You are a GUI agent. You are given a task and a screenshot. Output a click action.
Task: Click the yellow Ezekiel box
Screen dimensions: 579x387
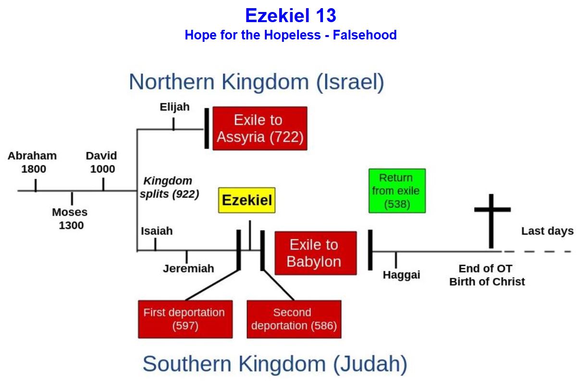click(247, 200)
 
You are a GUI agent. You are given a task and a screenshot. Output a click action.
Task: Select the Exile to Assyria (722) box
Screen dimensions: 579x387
click(260, 128)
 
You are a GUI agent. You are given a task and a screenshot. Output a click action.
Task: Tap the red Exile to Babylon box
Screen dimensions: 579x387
click(316, 253)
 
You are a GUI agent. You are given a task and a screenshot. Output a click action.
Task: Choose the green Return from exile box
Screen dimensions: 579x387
click(397, 191)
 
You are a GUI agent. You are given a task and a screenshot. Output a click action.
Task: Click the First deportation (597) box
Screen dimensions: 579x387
click(185, 319)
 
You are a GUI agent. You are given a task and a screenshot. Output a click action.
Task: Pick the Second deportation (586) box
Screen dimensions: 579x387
click(294, 319)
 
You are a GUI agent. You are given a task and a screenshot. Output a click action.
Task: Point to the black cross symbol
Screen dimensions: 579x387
click(492, 221)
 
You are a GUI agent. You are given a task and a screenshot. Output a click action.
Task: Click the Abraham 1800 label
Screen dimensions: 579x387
click(32, 162)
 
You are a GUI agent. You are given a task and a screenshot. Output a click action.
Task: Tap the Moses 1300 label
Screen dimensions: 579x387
click(70, 219)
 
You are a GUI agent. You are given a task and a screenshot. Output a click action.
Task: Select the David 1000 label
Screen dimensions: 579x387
click(101, 162)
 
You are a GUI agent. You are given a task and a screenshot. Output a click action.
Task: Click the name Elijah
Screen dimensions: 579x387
click(175, 107)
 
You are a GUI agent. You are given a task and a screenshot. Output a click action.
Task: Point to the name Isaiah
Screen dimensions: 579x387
click(157, 231)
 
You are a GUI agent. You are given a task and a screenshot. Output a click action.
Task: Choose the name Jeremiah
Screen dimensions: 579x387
click(188, 269)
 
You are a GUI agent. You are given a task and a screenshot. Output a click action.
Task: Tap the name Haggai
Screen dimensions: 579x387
click(401, 275)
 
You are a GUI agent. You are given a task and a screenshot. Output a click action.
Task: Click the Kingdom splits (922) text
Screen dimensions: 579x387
click(169, 187)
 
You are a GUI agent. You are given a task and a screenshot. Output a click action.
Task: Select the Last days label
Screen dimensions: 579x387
click(547, 231)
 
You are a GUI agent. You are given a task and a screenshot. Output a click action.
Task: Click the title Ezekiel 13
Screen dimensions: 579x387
click(291, 15)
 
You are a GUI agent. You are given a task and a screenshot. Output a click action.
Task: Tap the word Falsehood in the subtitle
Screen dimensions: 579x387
click(365, 35)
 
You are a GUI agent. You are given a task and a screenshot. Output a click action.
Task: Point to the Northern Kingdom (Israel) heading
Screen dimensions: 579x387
click(257, 82)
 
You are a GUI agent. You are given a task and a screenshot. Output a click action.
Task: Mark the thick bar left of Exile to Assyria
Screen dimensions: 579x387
click(207, 128)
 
